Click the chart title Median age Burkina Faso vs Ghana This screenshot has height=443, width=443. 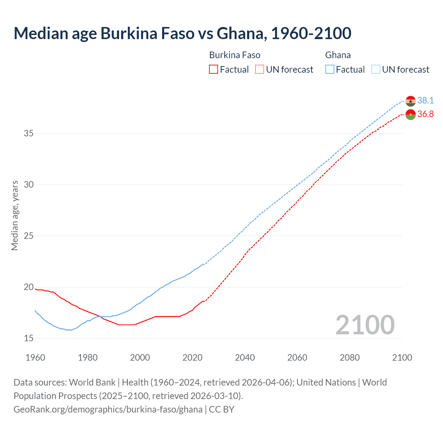(182, 34)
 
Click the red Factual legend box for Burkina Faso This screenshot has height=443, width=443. (214, 69)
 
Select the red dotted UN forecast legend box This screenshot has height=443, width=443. (259, 69)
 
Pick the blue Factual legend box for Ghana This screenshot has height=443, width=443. (330, 69)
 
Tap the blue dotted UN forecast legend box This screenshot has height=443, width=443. (376, 69)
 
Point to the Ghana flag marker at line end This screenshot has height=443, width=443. (410, 101)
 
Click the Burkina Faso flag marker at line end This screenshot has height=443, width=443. (410, 115)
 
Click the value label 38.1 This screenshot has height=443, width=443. (425, 100)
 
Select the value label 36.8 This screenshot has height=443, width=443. (425, 114)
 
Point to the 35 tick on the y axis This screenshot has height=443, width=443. (29, 133)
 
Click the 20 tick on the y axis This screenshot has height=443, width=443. (29, 287)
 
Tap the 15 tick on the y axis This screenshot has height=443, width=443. (29, 338)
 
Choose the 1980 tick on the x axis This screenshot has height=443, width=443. (88, 358)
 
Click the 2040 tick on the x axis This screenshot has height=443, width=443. (245, 358)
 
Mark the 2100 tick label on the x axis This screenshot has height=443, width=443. (402, 358)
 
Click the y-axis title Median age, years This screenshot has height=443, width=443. (15, 215)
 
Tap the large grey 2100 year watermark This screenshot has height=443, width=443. (365, 325)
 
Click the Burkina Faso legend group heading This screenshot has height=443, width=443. (235, 55)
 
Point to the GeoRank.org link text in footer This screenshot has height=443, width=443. (108, 409)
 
